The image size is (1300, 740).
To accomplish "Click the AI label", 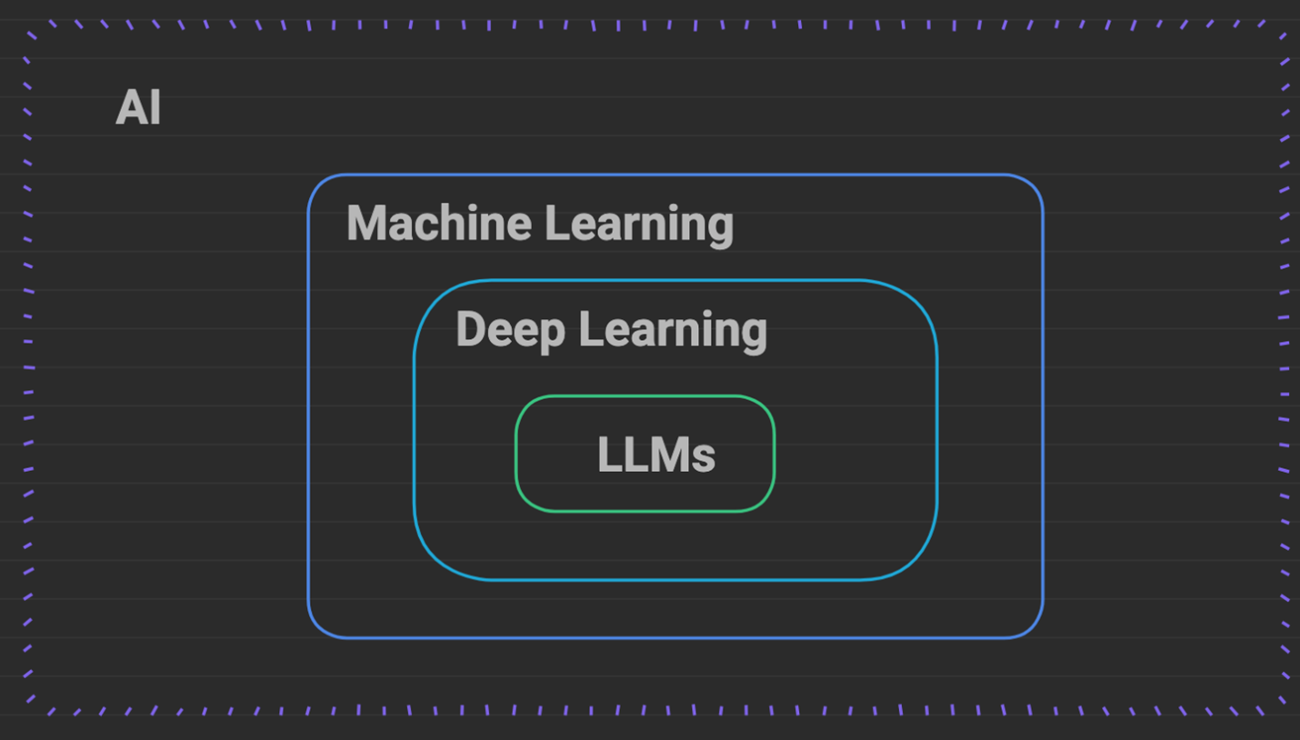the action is (138, 107).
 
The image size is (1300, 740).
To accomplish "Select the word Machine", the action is (439, 223).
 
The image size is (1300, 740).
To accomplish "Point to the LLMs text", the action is (656, 455).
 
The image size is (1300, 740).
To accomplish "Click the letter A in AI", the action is (131, 107).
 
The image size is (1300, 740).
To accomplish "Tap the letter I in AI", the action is (156, 107).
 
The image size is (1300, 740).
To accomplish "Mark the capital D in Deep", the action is (471, 328).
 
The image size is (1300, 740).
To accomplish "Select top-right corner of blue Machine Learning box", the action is (1032, 185).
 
